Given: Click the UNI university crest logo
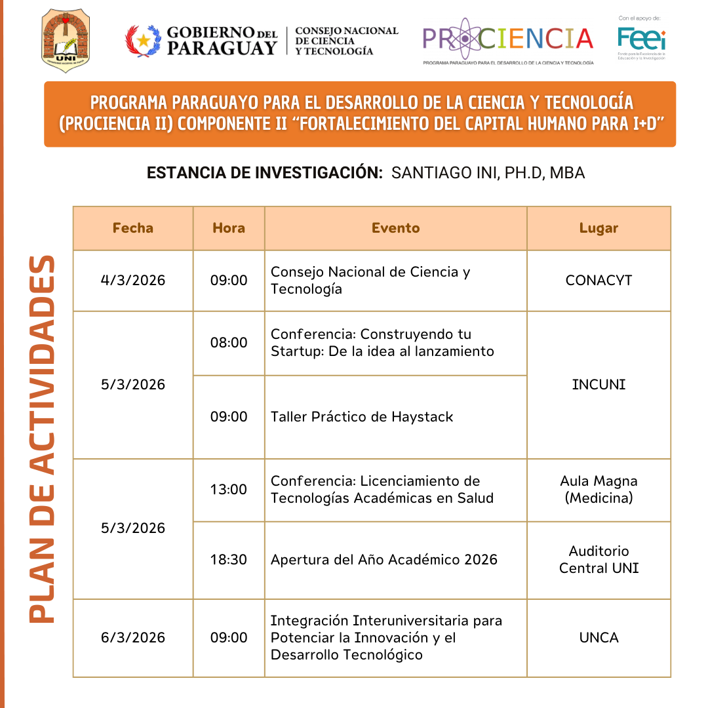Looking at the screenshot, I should [x=66, y=41].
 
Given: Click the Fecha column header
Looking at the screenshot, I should [x=133, y=228].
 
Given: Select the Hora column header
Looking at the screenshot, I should [x=229, y=228].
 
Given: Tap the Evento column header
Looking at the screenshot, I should [x=395, y=228].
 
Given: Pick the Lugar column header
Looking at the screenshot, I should [x=599, y=228].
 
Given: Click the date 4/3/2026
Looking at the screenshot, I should [x=133, y=281].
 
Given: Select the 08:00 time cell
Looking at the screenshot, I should [x=229, y=343].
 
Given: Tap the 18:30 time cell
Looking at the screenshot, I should [x=229, y=560].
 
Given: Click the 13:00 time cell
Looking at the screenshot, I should [x=229, y=490].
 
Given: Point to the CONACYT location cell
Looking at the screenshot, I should [x=599, y=281].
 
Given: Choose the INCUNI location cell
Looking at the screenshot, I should [x=599, y=385].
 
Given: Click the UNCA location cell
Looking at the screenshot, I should [x=599, y=638].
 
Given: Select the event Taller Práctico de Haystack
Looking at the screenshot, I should [x=362, y=417].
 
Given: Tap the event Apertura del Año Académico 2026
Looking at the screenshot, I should [x=384, y=560].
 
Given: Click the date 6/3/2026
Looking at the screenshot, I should [x=133, y=638].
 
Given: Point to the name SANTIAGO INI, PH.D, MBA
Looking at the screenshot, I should [x=488, y=173].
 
